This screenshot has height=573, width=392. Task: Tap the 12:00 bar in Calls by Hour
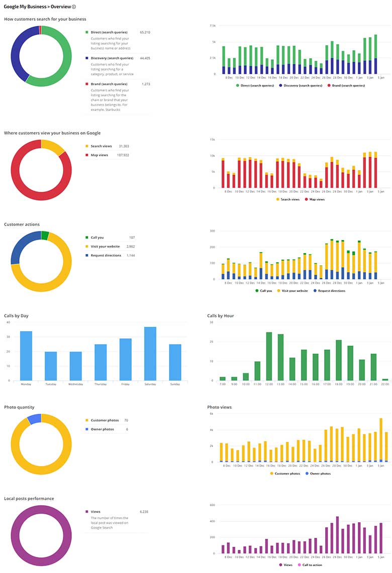point(269,356)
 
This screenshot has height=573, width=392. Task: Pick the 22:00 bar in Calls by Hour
point(385,380)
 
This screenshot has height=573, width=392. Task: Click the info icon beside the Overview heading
point(74,7)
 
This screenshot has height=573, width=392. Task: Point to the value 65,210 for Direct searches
point(145,32)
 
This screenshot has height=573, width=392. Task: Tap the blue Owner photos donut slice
point(34,419)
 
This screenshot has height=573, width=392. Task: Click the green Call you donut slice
point(45,236)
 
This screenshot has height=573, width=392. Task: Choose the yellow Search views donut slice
point(53,147)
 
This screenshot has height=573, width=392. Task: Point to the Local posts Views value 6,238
point(144,512)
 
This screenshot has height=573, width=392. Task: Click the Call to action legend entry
point(311,565)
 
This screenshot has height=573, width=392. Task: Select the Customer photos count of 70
point(126,420)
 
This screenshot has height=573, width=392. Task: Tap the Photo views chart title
point(219,407)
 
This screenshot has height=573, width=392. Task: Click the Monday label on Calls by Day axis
point(26,384)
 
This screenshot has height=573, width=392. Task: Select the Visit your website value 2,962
point(130,247)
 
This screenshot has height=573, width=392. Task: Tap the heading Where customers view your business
point(52,133)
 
